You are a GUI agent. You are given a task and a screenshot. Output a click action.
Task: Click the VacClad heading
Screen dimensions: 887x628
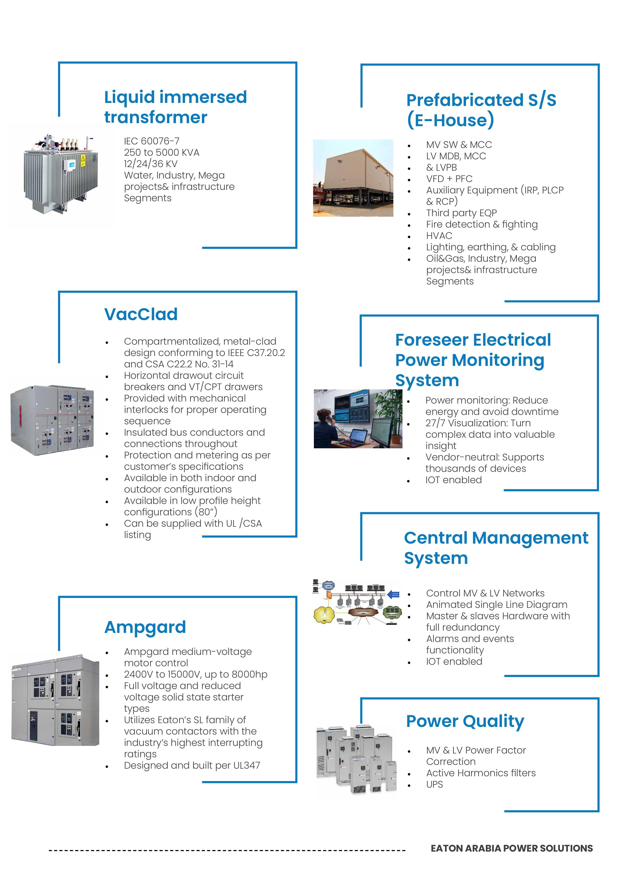[x=141, y=314]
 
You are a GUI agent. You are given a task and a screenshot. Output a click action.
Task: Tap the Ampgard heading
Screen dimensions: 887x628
[x=145, y=627]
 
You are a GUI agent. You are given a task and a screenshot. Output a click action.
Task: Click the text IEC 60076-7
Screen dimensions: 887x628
[x=152, y=141]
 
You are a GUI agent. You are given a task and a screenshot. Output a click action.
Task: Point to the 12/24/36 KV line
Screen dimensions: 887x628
[x=150, y=164]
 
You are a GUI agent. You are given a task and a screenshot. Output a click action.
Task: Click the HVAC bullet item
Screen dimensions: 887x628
[x=439, y=236]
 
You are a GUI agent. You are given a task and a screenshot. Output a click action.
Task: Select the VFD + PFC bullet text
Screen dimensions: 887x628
[x=449, y=179]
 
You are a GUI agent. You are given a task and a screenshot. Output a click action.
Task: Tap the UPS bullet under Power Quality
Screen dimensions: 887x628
[x=434, y=784]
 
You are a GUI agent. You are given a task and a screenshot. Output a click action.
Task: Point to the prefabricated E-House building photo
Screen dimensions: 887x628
[x=353, y=178]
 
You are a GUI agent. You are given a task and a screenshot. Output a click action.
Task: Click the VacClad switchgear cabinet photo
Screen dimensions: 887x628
[x=52, y=420]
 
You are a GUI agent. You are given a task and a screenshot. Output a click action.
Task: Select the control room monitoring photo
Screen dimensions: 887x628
[x=358, y=419]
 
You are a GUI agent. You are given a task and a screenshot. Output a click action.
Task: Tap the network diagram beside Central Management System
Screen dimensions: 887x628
[x=357, y=602]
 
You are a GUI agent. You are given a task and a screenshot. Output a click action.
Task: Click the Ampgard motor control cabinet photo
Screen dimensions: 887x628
[x=55, y=700]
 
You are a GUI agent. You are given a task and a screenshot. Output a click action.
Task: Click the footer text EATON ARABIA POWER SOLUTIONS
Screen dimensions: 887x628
[x=512, y=848]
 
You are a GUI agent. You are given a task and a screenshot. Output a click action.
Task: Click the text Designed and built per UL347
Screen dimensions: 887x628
[x=192, y=765]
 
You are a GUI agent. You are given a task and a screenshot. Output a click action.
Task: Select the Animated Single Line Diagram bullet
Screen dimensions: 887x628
[x=497, y=605]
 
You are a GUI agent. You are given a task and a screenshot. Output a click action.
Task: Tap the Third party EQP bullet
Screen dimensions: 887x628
[x=461, y=213]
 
